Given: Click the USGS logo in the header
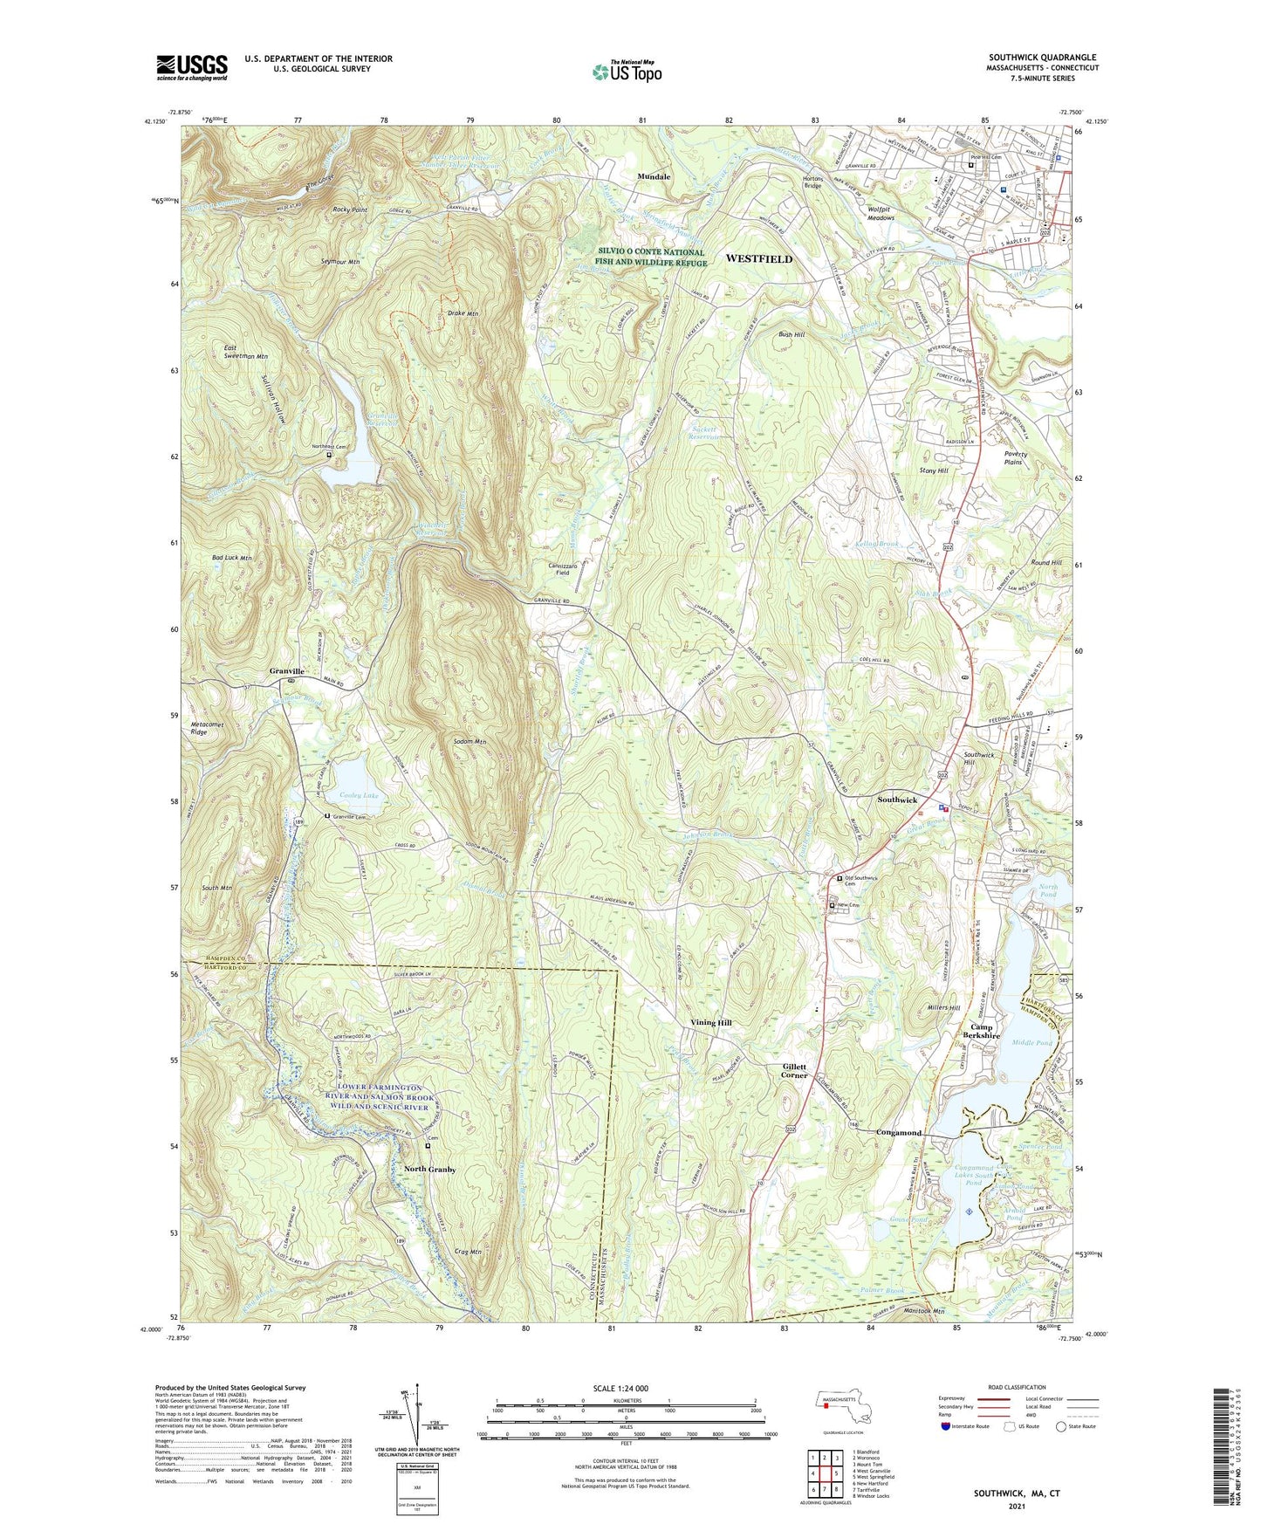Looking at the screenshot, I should click(192, 67).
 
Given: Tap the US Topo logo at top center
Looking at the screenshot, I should click(627, 72).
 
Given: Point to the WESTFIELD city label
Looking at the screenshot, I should click(759, 259).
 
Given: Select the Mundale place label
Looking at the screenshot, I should click(654, 176).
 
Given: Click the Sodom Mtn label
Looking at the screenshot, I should click(469, 741).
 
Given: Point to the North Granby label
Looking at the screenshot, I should click(429, 1169).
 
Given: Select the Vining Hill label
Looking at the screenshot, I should click(711, 1022).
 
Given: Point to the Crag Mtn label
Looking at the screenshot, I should click(468, 1251).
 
